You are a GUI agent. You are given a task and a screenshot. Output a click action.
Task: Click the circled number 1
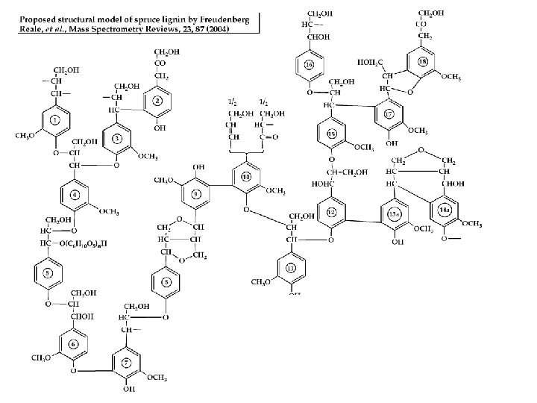pyautogui.click(x=54, y=120)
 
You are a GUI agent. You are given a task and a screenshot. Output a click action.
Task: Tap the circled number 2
pyautogui.click(x=157, y=100)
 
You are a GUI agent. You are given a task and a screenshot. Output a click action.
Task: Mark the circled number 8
pyautogui.click(x=166, y=281)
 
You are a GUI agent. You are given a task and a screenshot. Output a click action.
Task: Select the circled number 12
pyautogui.click(x=332, y=212)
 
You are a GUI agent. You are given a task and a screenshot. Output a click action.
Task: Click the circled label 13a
pyautogui.click(x=395, y=215)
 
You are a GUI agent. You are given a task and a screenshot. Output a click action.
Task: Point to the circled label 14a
pyautogui.click(x=445, y=211)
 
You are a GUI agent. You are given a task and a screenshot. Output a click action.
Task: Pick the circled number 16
pyautogui.click(x=309, y=65)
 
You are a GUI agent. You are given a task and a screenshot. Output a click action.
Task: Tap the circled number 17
pyautogui.click(x=389, y=114)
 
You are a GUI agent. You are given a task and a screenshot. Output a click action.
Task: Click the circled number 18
pyautogui.click(x=422, y=60)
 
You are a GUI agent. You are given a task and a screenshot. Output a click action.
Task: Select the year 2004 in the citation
pyautogui.click(x=219, y=29)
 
